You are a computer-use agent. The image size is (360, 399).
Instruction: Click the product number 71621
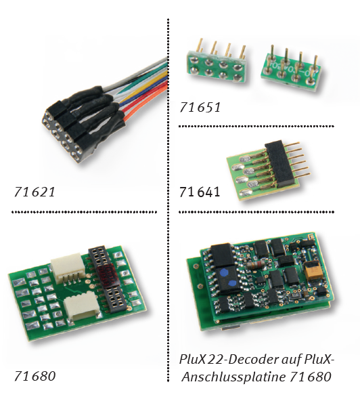[x=35, y=192]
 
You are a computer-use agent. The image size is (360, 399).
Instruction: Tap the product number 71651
[x=200, y=107]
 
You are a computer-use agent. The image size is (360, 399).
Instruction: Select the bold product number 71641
[x=200, y=192]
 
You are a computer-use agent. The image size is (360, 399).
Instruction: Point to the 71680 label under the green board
[x=35, y=376]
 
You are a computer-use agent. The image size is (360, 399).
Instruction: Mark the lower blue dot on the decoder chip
[x=232, y=283]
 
